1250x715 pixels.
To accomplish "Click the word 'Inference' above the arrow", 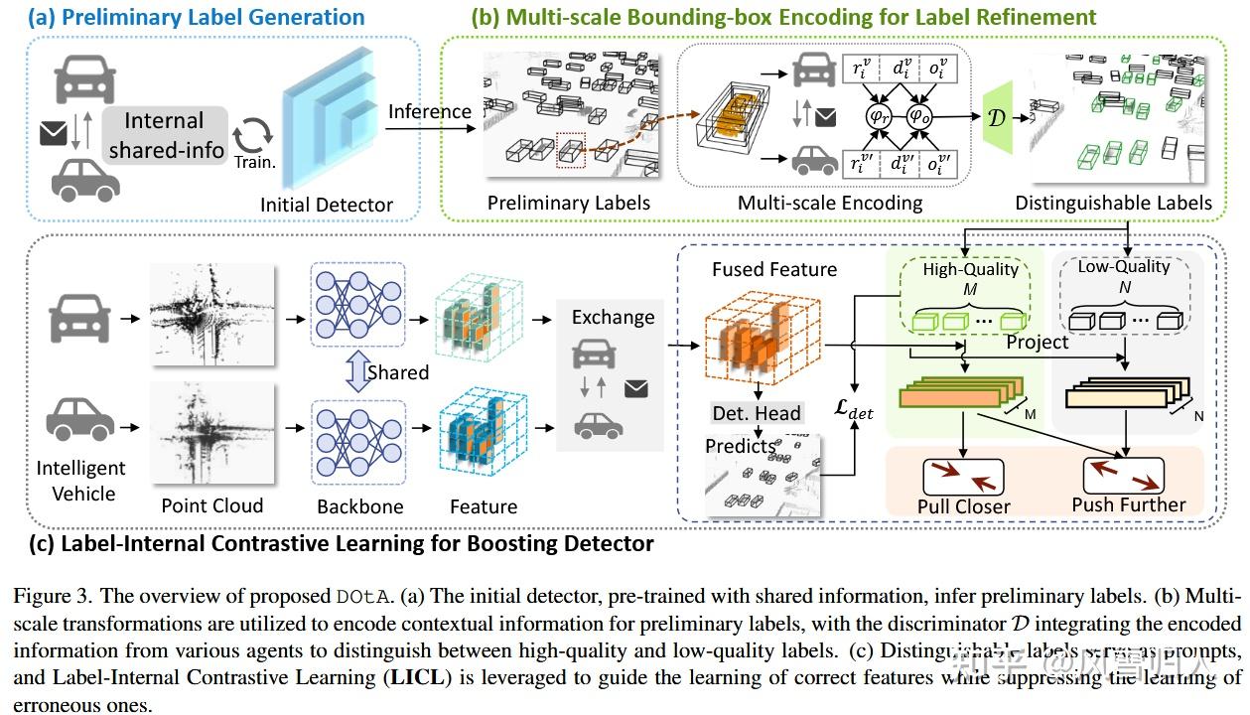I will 429,111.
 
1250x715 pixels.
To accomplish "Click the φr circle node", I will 878,116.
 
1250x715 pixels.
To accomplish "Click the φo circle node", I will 921,116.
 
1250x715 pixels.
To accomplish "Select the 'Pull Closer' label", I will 962,505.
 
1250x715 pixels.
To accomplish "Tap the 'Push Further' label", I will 1128,504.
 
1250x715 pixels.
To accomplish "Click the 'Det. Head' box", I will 757,413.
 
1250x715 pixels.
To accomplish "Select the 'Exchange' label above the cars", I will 613,317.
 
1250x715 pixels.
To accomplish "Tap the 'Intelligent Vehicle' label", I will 81,481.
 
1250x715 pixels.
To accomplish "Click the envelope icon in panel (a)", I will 53,132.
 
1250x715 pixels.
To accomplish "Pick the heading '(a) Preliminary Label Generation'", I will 183,17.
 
